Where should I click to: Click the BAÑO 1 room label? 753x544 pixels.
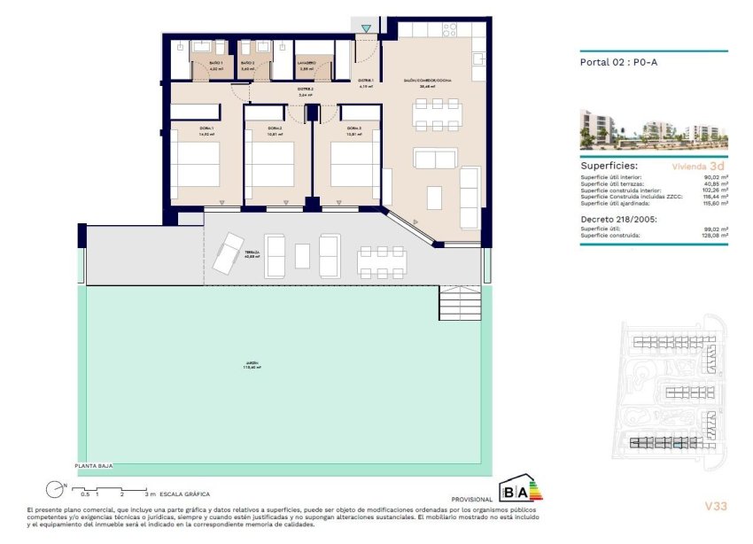tap(216, 66)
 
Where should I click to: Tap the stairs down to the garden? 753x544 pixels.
tap(460, 306)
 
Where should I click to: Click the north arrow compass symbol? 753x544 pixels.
tap(57, 487)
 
